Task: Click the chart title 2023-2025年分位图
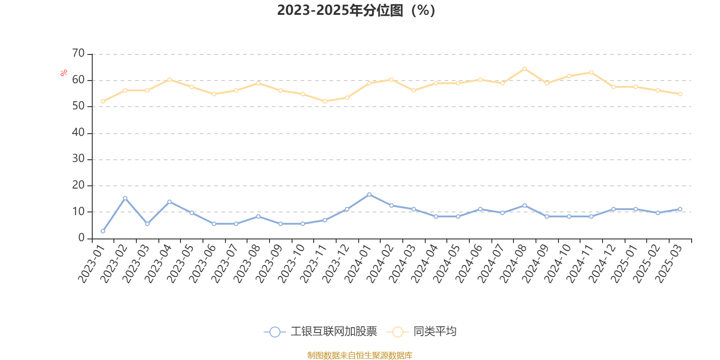[x=356, y=10]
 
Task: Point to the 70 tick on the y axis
[x=78, y=54]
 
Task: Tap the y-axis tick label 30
[x=78, y=159]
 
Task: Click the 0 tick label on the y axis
[x=81, y=238]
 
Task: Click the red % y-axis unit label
[x=64, y=72]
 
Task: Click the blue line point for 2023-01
[x=103, y=231]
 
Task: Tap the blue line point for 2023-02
[x=125, y=198]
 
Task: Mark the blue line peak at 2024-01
[x=369, y=194]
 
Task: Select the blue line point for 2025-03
[x=680, y=209]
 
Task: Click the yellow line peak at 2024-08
[x=525, y=69]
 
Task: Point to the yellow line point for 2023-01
[x=103, y=101]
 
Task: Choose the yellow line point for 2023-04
[x=170, y=80]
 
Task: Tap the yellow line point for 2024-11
[x=591, y=72]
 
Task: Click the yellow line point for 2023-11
[x=325, y=101]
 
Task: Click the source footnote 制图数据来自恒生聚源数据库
[x=360, y=355]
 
